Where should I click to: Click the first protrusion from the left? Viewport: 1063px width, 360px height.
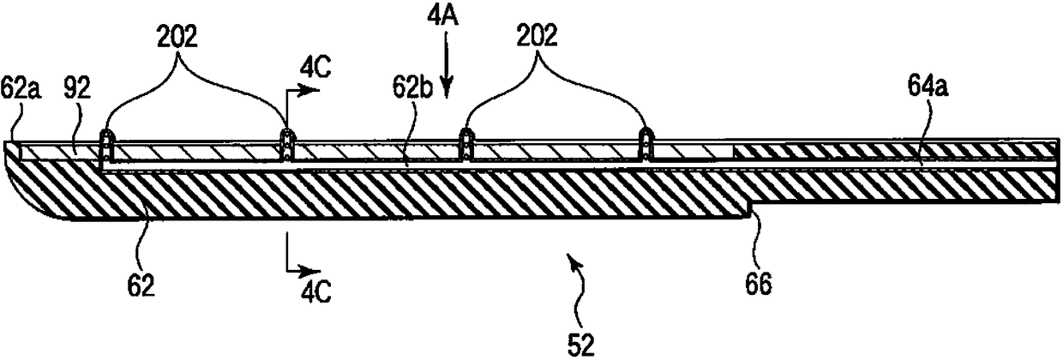click(x=106, y=146)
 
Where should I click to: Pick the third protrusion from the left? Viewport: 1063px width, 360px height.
click(x=465, y=146)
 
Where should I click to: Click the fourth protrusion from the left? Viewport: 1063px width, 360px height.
click(x=646, y=146)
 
